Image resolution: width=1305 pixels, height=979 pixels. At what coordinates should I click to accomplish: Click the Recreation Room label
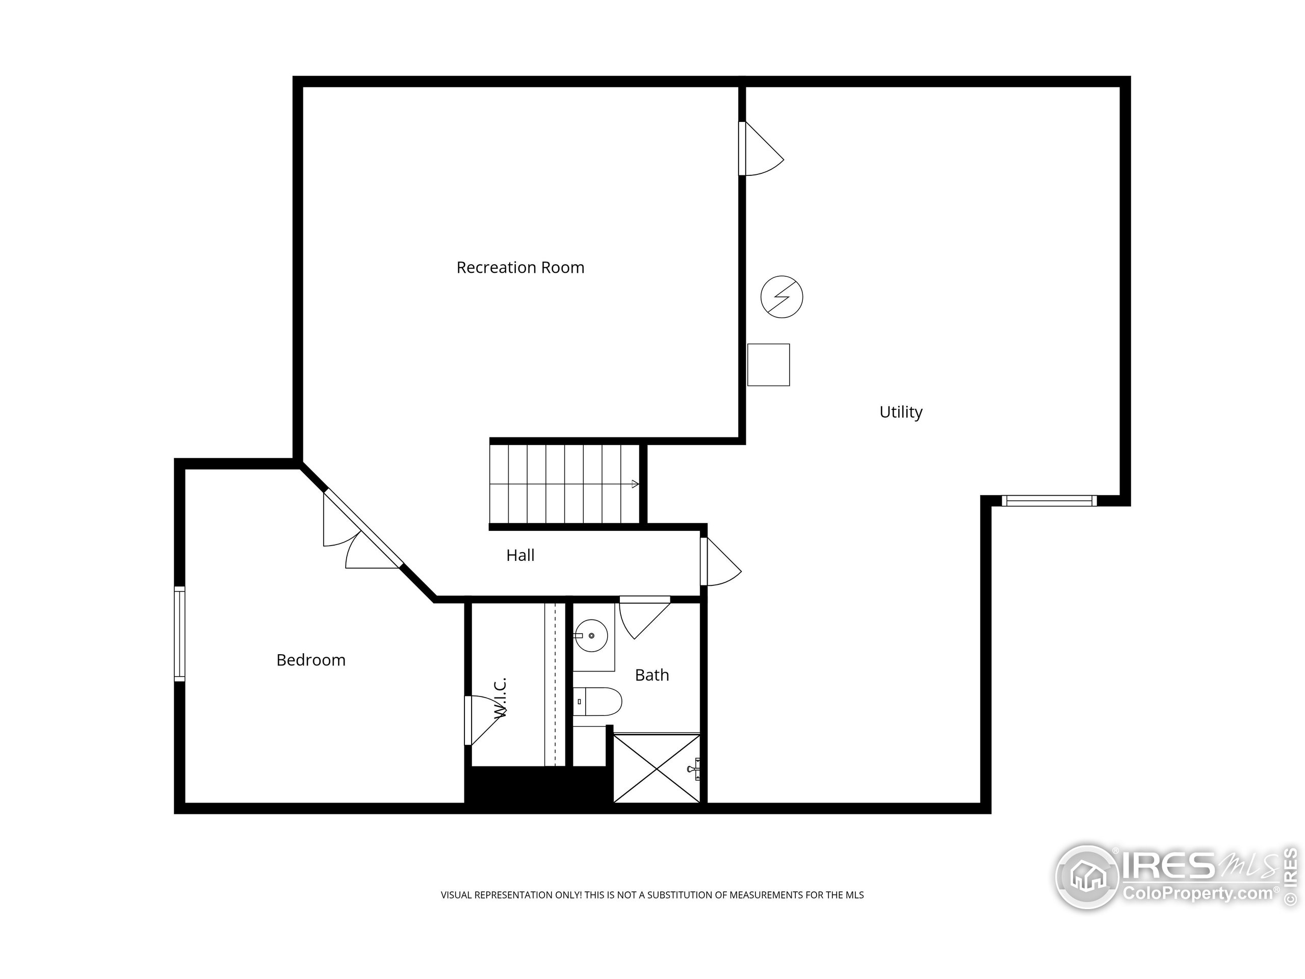click(520, 267)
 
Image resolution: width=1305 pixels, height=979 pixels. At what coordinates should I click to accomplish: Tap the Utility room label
click(901, 412)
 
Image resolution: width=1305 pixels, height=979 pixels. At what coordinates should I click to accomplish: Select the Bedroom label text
click(311, 660)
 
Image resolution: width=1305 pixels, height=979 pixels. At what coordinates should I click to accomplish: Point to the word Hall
click(520, 555)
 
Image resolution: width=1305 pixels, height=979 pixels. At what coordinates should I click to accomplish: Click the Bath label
click(652, 675)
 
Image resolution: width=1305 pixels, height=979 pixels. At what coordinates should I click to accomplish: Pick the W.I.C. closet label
click(500, 698)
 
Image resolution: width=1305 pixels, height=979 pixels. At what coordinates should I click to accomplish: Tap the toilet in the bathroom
click(597, 702)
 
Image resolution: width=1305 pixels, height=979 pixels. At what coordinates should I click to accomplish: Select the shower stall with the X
click(657, 768)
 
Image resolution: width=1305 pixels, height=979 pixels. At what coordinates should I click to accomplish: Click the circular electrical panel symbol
click(781, 297)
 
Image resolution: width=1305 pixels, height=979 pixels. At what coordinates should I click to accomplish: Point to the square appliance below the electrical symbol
click(769, 365)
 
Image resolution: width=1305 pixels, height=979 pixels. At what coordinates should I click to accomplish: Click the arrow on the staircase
click(635, 484)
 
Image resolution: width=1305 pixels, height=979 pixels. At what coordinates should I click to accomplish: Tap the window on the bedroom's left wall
click(179, 634)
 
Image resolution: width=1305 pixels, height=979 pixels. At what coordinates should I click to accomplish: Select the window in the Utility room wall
click(1049, 501)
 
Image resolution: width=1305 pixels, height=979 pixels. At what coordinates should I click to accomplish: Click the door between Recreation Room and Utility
click(761, 149)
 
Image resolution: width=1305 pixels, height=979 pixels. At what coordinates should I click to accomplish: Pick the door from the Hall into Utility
click(720, 561)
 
